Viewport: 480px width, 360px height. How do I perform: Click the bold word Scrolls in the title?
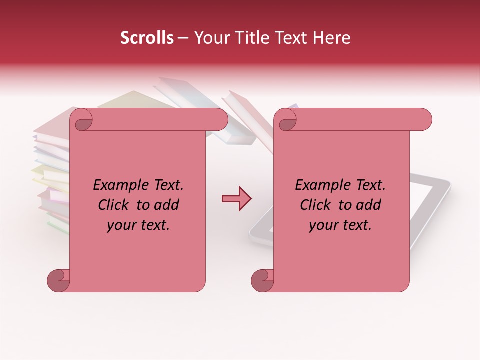click(147, 38)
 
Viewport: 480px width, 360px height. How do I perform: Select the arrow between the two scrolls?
click(236, 199)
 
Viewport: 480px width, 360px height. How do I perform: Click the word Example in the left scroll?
click(117, 185)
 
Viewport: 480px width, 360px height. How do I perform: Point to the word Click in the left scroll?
click(114, 205)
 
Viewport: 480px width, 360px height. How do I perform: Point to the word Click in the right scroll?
click(316, 205)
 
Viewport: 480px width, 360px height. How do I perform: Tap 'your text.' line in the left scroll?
click(138, 225)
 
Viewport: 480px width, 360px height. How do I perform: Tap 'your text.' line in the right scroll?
click(340, 225)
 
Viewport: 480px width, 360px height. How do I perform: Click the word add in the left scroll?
click(167, 205)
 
